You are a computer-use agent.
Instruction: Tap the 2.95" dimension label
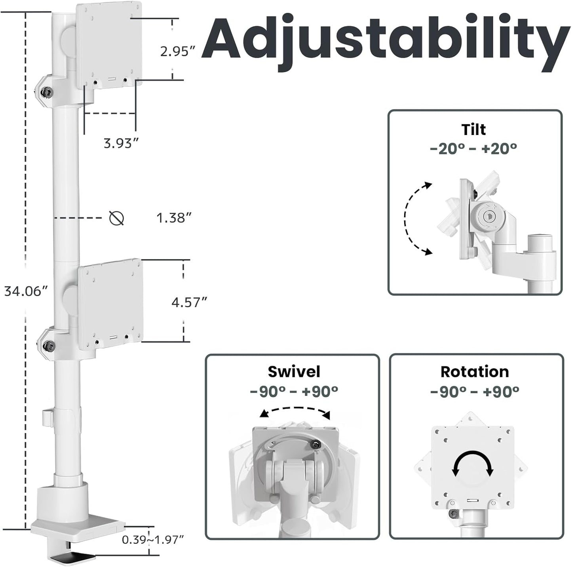tap(178, 51)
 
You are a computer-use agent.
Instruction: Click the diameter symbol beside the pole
tap(116, 218)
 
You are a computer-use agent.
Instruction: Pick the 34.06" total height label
tap(26, 291)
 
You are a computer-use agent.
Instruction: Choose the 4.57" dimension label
tap(189, 303)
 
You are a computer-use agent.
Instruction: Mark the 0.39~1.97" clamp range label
tap(153, 539)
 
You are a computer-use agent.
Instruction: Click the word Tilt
tap(473, 129)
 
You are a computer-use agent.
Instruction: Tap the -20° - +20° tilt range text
tap(473, 148)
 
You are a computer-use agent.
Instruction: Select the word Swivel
tap(294, 372)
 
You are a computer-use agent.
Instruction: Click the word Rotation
tap(475, 372)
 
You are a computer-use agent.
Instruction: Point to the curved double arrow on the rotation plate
tap(473, 464)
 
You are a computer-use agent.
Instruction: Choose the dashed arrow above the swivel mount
tap(295, 412)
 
